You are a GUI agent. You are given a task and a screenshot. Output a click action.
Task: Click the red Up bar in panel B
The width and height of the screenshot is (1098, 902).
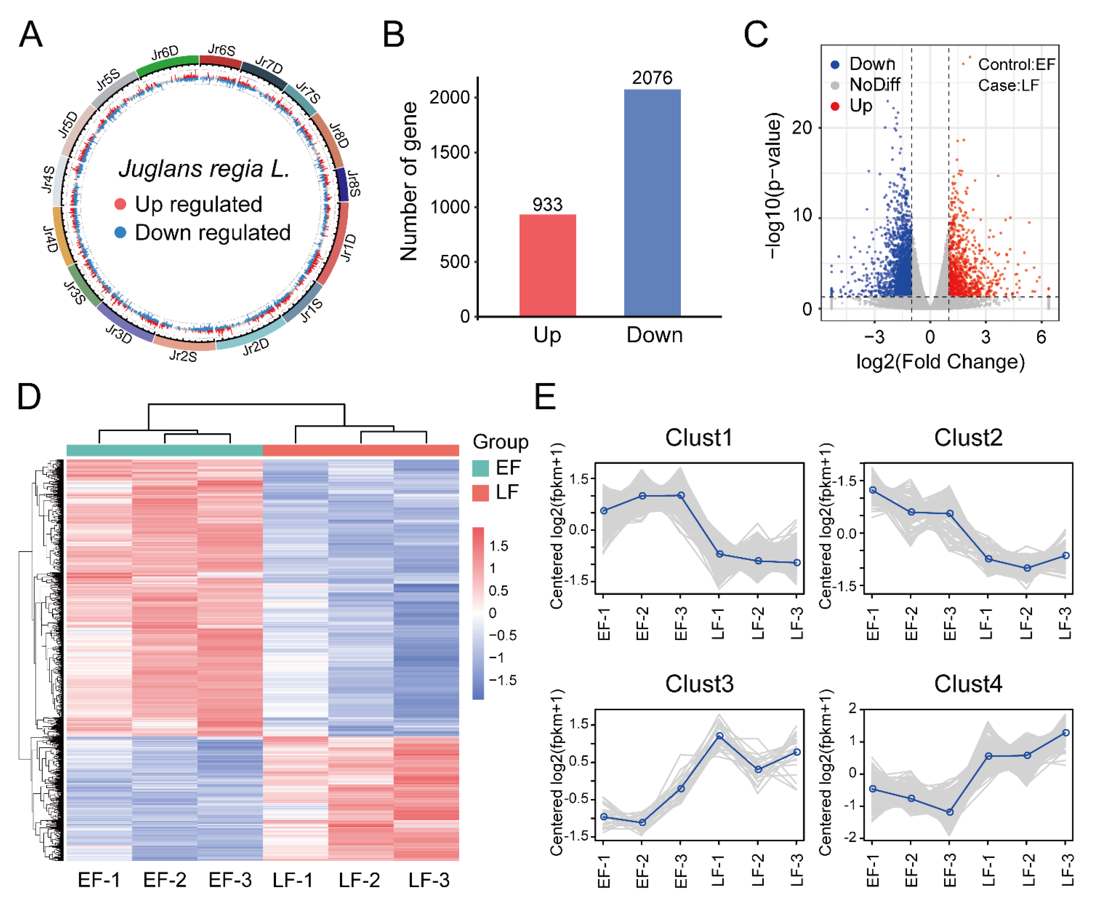547,265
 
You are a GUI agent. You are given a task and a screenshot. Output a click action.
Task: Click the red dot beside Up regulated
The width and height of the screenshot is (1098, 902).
120,204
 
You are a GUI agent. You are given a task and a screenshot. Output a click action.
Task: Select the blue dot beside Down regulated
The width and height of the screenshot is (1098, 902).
120,232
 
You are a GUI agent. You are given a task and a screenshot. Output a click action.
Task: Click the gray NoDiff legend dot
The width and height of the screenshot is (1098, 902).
835,85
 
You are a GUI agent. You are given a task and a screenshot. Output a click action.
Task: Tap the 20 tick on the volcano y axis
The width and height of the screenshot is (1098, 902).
801,128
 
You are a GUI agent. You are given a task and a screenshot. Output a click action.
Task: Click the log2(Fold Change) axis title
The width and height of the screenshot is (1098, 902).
940,362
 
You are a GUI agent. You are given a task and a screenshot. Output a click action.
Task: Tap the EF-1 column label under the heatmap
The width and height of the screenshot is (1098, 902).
99,880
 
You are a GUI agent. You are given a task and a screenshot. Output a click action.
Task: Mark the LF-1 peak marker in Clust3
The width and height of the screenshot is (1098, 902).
719,736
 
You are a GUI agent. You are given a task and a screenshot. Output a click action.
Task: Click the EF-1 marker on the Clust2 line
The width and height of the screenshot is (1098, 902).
873,490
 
